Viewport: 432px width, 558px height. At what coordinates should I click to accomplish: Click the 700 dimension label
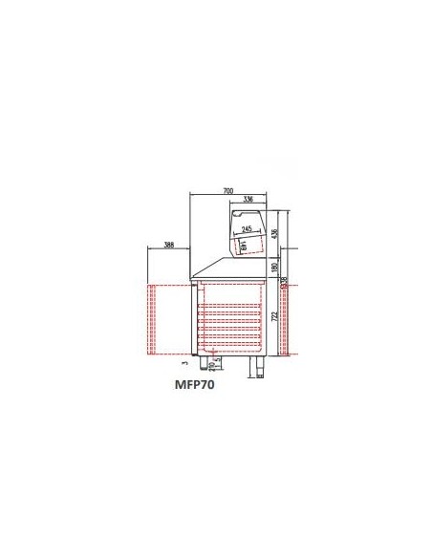[227, 191]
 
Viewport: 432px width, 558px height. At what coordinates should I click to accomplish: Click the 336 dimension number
[248, 200]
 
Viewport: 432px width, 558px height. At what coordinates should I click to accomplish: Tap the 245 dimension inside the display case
[247, 230]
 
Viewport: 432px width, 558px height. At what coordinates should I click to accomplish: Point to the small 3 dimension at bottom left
[184, 362]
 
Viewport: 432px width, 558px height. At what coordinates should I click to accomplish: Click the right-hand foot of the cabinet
[257, 366]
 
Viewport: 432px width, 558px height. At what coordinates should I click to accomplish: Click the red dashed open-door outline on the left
[168, 319]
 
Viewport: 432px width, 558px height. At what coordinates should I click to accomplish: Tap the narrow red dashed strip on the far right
[283, 319]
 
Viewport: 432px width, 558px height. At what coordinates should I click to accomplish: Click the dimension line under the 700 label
[227, 196]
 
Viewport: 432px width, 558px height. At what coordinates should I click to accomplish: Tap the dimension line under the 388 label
[169, 250]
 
